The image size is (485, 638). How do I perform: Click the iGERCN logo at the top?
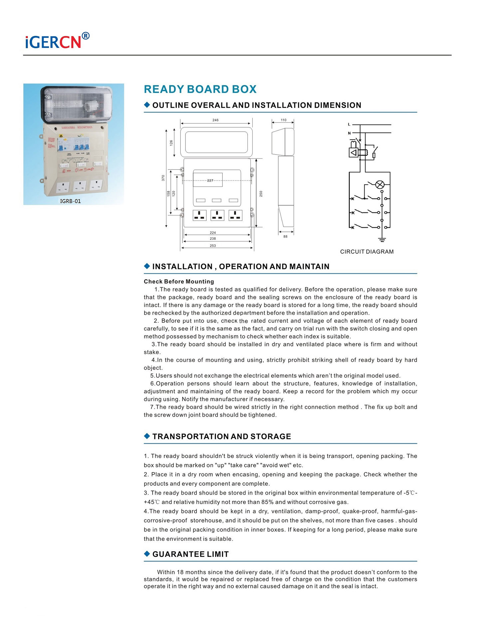(57, 41)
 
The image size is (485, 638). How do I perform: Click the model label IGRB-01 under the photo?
(70, 201)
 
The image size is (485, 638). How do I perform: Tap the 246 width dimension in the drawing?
(215, 120)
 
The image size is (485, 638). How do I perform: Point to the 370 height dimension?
(163, 178)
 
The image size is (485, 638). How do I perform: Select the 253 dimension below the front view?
(213, 246)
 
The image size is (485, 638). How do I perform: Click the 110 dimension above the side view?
(283, 120)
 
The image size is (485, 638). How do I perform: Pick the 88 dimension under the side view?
(285, 237)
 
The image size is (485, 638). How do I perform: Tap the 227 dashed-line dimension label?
(210, 181)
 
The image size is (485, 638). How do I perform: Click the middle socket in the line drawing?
(217, 216)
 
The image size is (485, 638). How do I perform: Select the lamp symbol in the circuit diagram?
(380, 185)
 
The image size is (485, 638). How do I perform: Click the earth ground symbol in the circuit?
(382, 239)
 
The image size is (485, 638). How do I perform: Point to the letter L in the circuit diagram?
(349, 124)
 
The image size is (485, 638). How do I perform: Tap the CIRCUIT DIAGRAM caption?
(366, 252)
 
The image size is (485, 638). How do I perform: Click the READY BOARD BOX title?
(200, 89)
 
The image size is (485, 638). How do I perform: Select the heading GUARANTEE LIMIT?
(190, 554)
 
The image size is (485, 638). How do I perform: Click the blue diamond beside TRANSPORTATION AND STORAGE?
(147, 436)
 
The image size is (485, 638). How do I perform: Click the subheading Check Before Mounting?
(179, 282)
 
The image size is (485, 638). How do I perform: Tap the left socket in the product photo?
(62, 187)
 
